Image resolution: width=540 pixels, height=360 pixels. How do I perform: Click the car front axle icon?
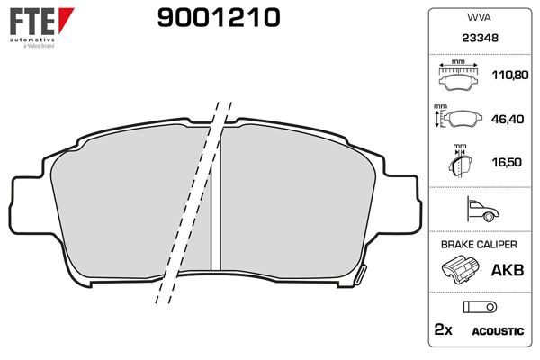click(481, 211)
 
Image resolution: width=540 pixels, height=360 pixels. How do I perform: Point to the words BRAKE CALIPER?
click(479, 244)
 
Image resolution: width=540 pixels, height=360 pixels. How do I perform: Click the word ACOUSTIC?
click(497, 331)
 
